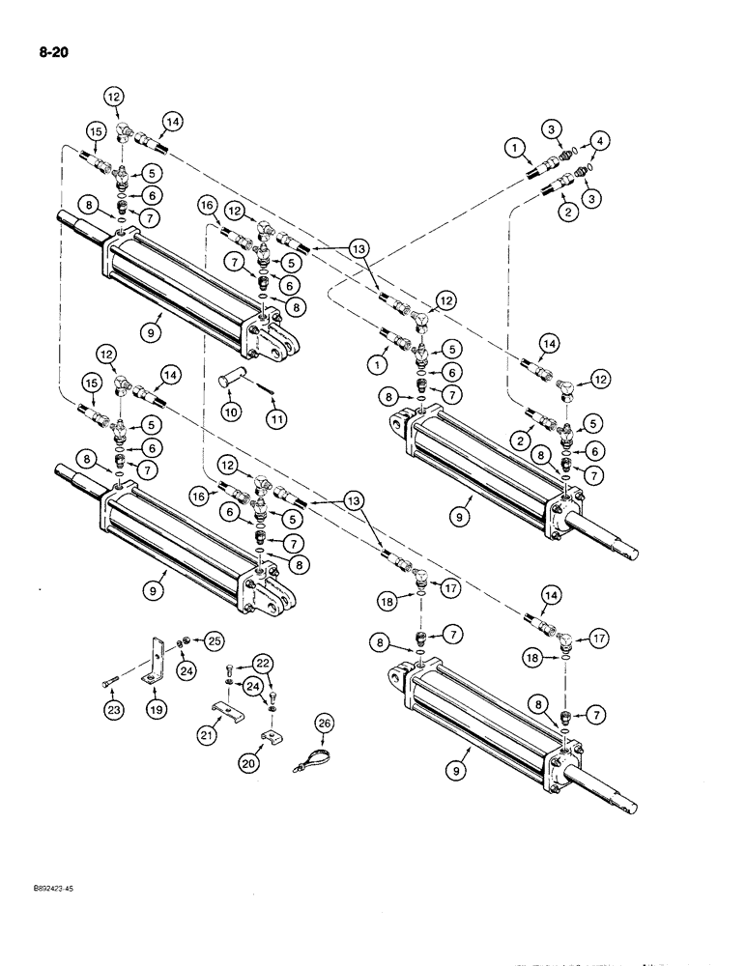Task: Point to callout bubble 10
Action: [x=229, y=412]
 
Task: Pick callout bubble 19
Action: [x=157, y=708]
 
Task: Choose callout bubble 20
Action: [x=248, y=762]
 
